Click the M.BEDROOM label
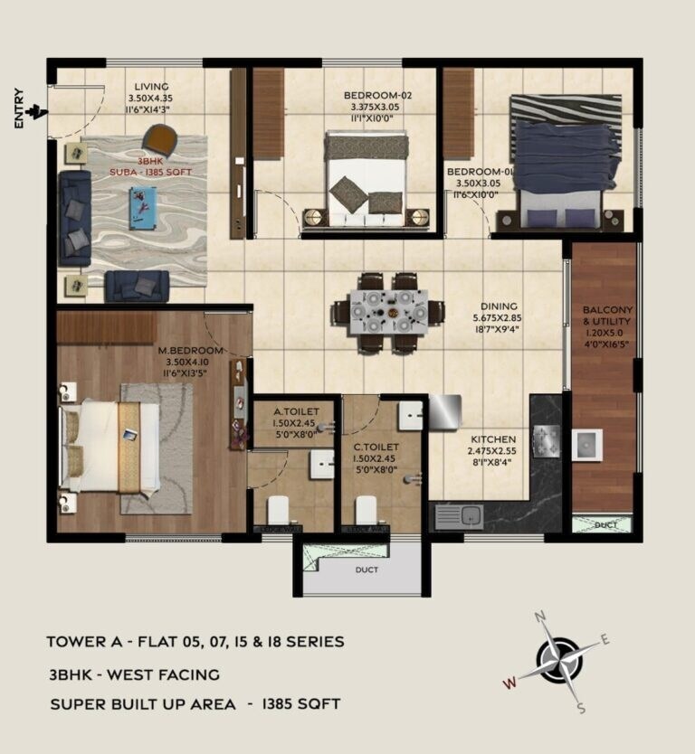pyautogui.click(x=190, y=350)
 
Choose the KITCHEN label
pyautogui.click(x=492, y=438)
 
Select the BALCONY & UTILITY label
pyautogui.click(x=607, y=316)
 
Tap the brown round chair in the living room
pyautogui.click(x=161, y=140)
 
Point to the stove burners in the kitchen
pyautogui.click(x=547, y=439)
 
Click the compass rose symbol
pyautogui.click(x=561, y=658)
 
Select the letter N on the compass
pyautogui.click(x=541, y=617)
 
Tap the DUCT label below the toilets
pyautogui.click(x=367, y=570)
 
